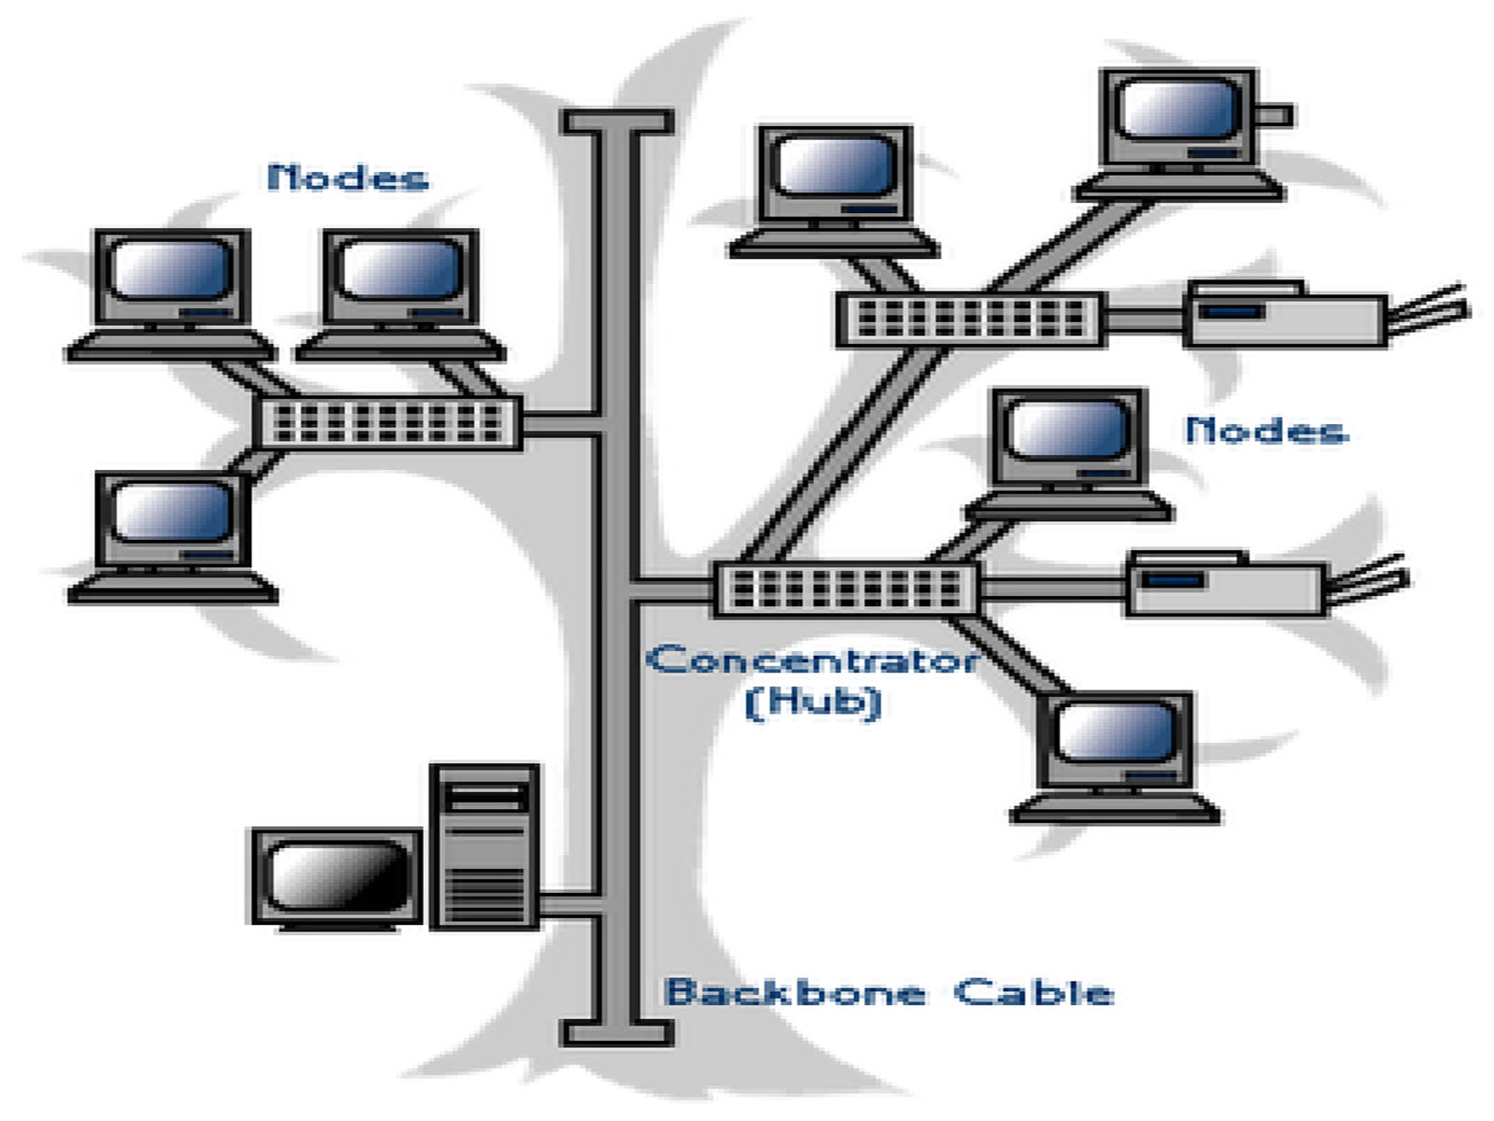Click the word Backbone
click(795, 992)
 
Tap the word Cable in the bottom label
click(1034, 992)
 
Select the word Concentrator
click(812, 660)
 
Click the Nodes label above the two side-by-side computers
click(347, 177)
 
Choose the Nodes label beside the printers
click(1266, 430)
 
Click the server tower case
click(485, 846)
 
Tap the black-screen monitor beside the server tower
click(337, 879)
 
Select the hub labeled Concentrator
click(846, 589)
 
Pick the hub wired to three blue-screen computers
click(388, 422)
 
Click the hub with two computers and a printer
click(970, 319)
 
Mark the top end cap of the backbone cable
click(616, 121)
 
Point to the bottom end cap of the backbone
click(616, 1032)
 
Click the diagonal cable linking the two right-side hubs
click(844, 455)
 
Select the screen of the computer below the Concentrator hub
click(1117, 731)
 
